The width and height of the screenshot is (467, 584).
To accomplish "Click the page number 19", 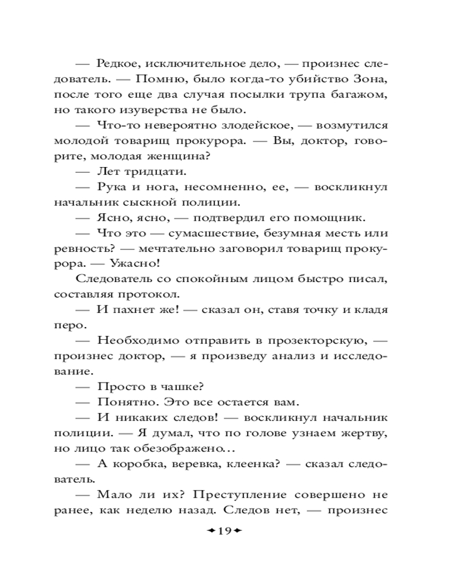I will tap(225, 531).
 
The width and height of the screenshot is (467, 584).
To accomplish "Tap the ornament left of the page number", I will tap(209, 531).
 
